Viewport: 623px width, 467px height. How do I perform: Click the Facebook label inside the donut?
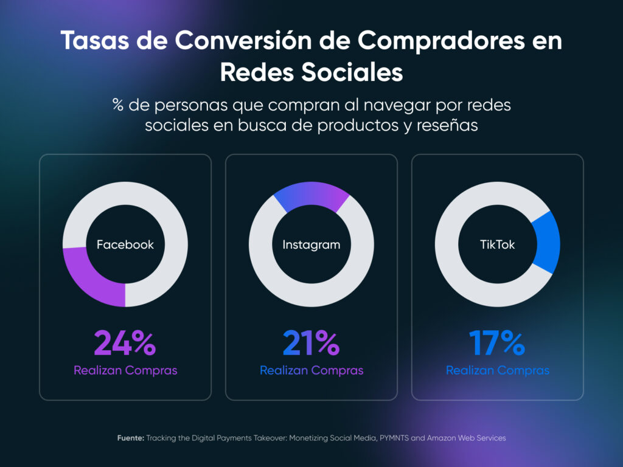click(x=125, y=245)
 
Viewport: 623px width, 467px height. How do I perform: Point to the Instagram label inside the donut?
click(x=311, y=245)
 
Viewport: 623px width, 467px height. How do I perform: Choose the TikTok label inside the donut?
click(x=498, y=245)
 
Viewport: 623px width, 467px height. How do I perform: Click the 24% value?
click(x=125, y=343)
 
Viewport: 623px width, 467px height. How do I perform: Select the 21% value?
click(x=311, y=343)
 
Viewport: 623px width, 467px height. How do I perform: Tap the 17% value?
click(x=497, y=343)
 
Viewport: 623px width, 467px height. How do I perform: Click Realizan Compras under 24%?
click(x=125, y=370)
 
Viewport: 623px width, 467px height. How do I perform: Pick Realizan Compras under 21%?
click(x=311, y=370)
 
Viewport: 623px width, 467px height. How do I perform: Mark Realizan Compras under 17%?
click(x=498, y=370)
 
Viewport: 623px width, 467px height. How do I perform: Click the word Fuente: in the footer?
click(x=131, y=438)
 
